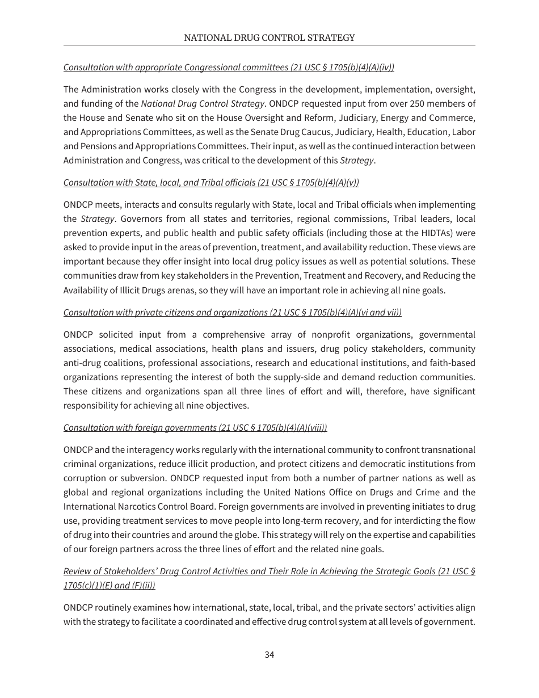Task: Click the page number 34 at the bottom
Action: pyautogui.click(x=269, y=654)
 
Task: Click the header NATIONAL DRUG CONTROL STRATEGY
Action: pyautogui.click(x=269, y=38)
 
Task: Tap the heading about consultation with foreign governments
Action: pyautogui.click(x=195, y=427)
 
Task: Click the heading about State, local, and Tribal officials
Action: pyautogui.click(x=211, y=182)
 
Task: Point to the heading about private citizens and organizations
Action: pyautogui.click(x=232, y=312)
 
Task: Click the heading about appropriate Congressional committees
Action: pyautogui.click(x=229, y=67)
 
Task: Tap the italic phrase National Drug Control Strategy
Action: pyautogui.click(x=203, y=103)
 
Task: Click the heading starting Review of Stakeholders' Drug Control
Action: pyautogui.click(x=269, y=571)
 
